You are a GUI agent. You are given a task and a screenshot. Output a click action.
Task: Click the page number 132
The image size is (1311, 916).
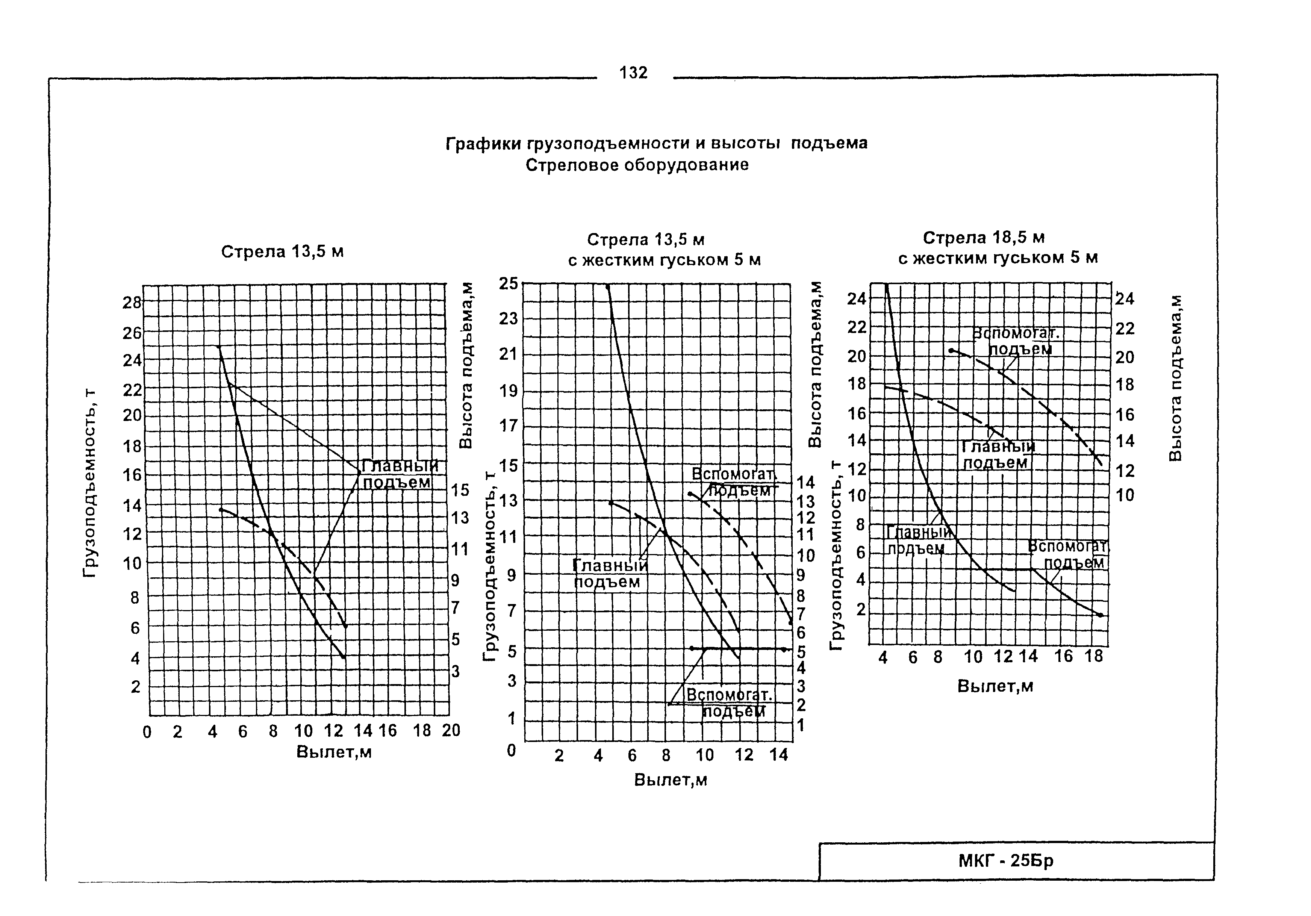(633, 73)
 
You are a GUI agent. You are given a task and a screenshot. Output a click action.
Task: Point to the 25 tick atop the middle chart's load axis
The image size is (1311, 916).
(508, 283)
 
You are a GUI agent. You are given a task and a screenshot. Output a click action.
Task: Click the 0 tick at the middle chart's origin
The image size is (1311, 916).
(511, 750)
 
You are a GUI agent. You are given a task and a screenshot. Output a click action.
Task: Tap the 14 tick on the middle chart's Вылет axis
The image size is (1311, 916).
(778, 755)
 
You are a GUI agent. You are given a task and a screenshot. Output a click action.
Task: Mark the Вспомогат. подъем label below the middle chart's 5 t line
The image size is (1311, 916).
(729, 703)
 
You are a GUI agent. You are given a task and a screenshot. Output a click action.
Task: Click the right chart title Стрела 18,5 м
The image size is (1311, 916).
(983, 238)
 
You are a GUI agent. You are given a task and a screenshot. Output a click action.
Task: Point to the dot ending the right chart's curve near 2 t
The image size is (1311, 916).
(1100, 615)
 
